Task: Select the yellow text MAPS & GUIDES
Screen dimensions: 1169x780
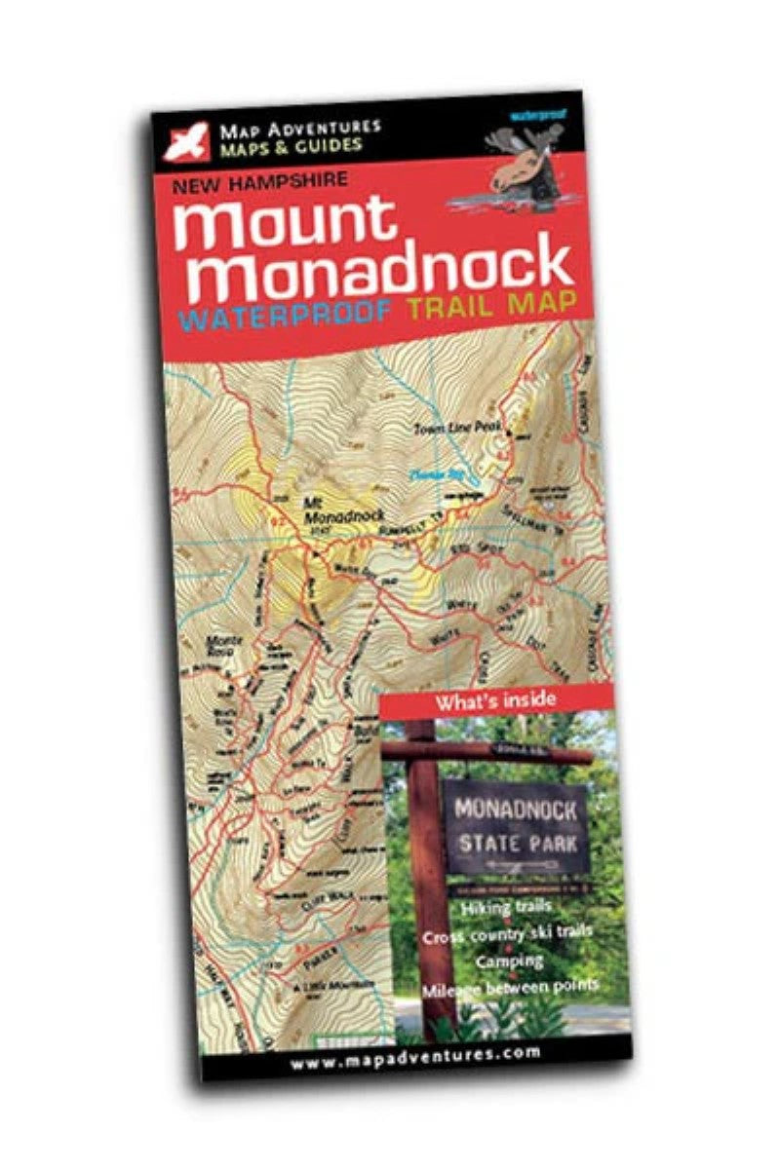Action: coord(291,146)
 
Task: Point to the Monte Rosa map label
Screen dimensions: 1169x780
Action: coord(221,645)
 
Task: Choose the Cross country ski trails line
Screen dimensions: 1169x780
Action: coord(507,934)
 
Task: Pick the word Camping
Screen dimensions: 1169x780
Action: coord(509,962)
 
